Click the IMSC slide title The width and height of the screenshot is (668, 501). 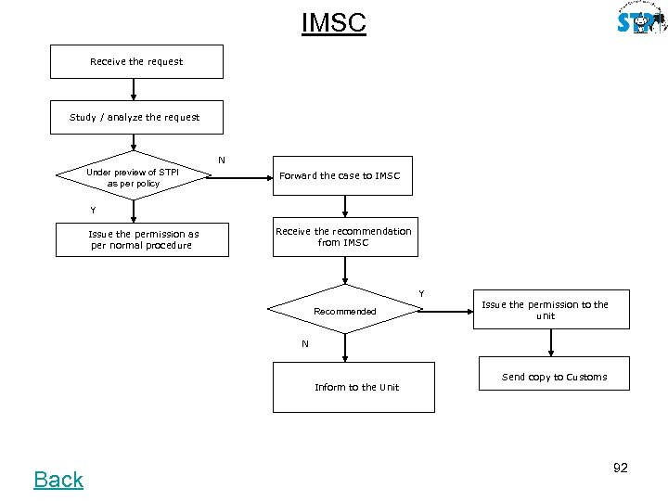pyautogui.click(x=334, y=22)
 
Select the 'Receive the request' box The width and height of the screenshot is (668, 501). pyautogui.click(x=136, y=61)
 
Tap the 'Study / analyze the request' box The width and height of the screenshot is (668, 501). pyautogui.click(x=136, y=118)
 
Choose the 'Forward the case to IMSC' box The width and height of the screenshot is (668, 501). pyautogui.click(x=340, y=175)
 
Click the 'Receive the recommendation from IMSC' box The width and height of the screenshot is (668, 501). pyautogui.click(x=343, y=238)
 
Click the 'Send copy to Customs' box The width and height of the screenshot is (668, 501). pyautogui.click(x=554, y=377)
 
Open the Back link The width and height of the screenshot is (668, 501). pyautogui.click(x=58, y=480)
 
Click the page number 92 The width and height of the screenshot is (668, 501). pyautogui.click(x=620, y=468)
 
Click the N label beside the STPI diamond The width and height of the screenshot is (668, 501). pyautogui.click(x=221, y=161)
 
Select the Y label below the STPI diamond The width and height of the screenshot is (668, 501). pyautogui.click(x=93, y=210)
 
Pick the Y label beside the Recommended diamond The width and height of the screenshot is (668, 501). pyautogui.click(x=422, y=294)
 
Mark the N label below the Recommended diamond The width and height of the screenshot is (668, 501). pyautogui.click(x=305, y=344)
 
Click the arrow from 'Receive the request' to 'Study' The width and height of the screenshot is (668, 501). pyautogui.click(x=135, y=89)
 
